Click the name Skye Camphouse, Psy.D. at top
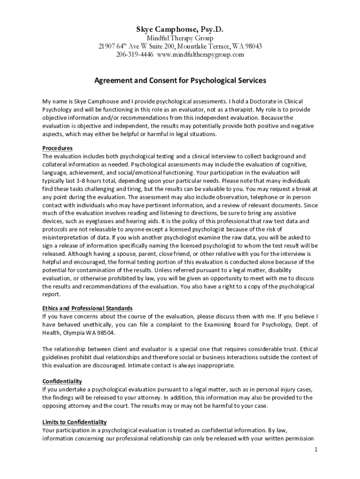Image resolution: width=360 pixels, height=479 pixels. point(180,29)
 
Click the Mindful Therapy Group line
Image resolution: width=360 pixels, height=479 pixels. point(180,38)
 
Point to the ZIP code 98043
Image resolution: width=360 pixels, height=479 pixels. point(252,46)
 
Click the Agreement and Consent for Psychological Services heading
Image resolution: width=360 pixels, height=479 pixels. point(180,80)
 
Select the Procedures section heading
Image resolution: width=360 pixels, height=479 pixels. point(58,148)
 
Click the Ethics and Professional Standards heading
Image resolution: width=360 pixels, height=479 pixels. point(87,308)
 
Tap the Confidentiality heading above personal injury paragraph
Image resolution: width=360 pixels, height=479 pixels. point(62,381)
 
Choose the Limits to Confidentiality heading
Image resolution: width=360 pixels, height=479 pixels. point(74,422)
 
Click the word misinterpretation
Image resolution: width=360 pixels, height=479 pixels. point(67,237)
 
